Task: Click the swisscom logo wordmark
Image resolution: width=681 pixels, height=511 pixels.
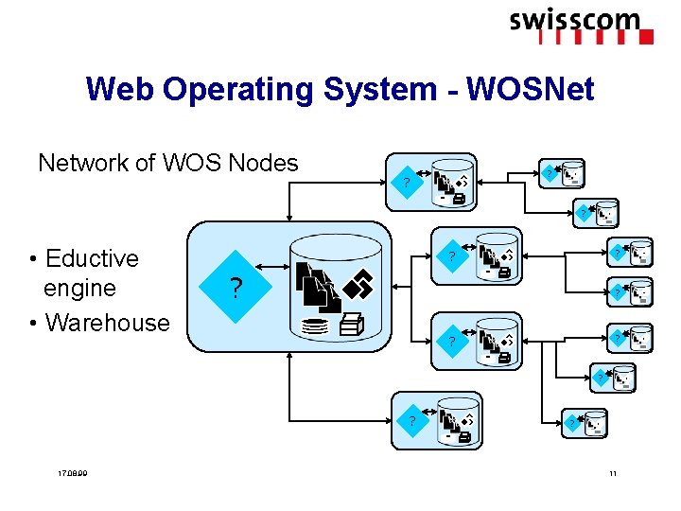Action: (x=574, y=20)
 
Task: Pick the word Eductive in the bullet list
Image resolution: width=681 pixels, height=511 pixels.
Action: (x=91, y=258)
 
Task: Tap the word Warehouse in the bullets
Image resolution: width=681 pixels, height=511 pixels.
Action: (x=107, y=322)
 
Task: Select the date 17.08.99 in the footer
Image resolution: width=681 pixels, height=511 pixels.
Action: (x=72, y=473)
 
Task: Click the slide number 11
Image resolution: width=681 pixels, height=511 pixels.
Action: (x=612, y=473)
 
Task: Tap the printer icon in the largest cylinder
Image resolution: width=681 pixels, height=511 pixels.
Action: (x=351, y=325)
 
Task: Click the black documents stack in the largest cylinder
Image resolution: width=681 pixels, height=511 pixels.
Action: (x=316, y=285)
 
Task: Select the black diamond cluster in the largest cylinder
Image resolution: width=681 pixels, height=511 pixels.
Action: (x=360, y=282)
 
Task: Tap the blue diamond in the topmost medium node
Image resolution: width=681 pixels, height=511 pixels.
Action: (x=406, y=181)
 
